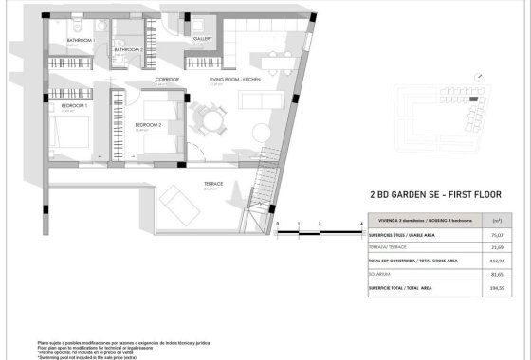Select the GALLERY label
pos(202,40)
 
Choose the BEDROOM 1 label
pos(74,106)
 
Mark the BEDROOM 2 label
pos(149,124)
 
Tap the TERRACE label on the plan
pos(213,184)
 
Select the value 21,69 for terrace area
pos(496,245)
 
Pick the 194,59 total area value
pos(496,287)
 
